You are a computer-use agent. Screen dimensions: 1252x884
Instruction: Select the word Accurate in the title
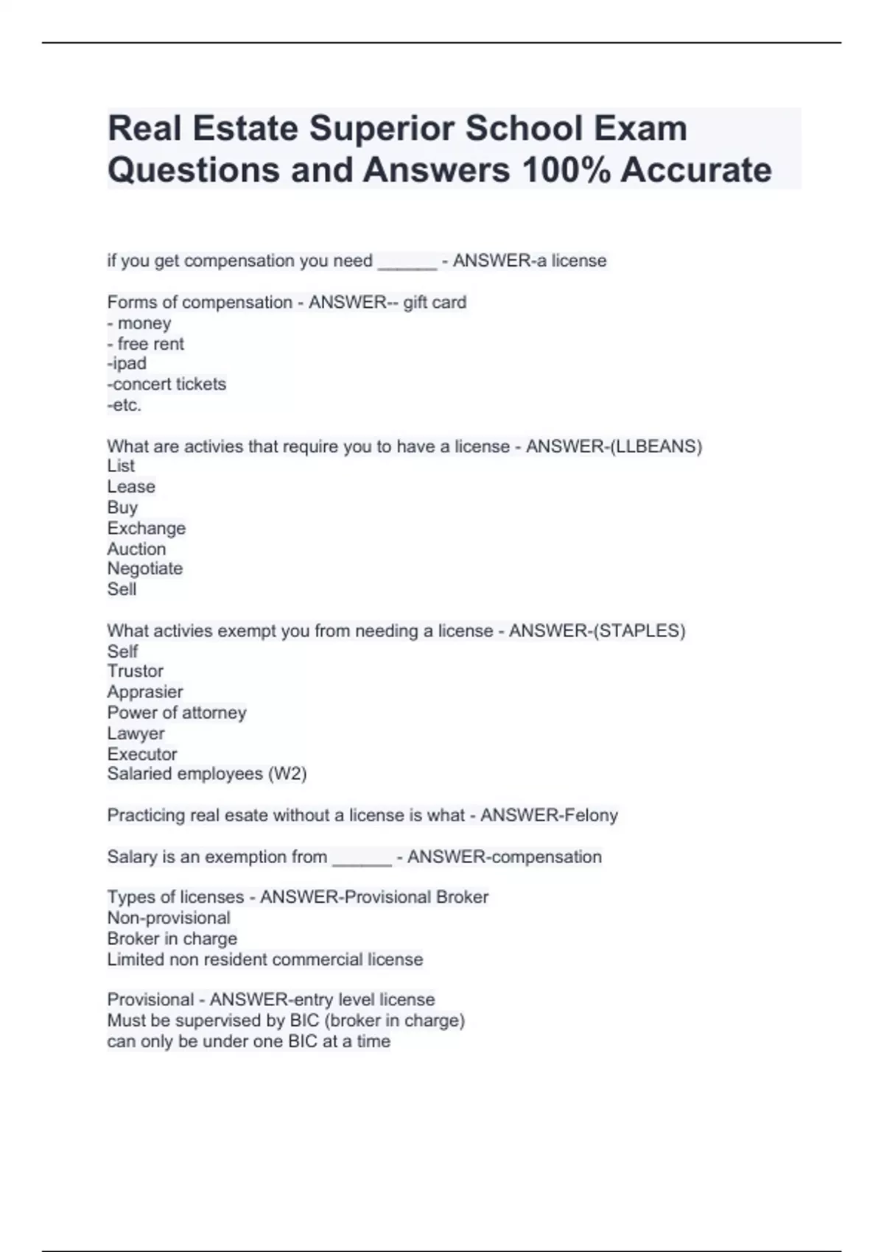pos(696,170)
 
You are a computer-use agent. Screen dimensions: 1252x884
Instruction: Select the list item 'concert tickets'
pos(167,384)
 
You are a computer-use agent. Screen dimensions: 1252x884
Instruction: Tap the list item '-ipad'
pos(127,363)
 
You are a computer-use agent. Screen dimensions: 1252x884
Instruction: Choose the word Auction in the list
pos(136,549)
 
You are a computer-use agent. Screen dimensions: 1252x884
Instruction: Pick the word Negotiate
pos(144,569)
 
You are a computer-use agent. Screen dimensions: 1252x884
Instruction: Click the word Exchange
pos(146,528)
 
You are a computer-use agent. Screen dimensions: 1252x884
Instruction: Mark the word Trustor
pos(135,671)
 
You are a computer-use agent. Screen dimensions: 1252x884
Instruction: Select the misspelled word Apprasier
pos(145,692)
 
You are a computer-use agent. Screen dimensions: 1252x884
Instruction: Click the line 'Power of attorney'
pos(177,712)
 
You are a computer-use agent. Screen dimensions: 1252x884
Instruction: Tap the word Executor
pos(142,754)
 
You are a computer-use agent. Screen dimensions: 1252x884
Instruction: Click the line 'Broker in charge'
pos(172,938)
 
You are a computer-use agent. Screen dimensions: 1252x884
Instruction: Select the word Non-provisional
pos(169,918)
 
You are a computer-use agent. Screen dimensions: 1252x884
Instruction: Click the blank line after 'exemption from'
pos(362,859)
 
